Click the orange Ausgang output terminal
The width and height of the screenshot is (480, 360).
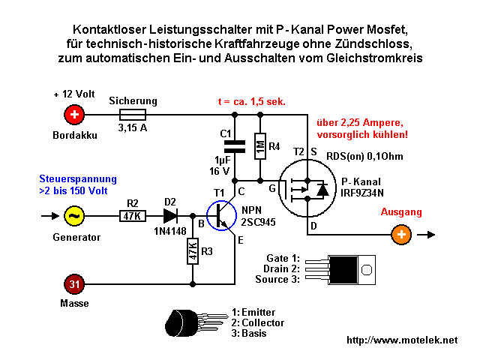click(x=401, y=235)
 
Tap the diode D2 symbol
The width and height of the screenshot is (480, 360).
click(x=169, y=216)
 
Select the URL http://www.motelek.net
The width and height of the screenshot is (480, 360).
click(x=402, y=340)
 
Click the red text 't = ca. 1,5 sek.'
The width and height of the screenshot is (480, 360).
click(x=251, y=100)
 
